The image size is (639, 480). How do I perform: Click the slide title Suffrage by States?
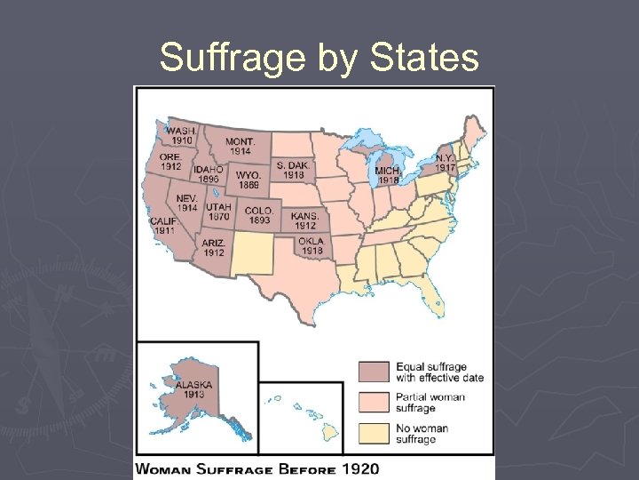pyautogui.click(x=319, y=59)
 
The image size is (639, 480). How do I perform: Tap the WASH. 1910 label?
pyautogui.click(x=182, y=134)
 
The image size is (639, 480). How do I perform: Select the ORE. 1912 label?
pyautogui.click(x=170, y=161)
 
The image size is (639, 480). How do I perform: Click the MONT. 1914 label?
pyautogui.click(x=240, y=146)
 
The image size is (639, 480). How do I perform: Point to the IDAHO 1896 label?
pyautogui.click(x=208, y=173)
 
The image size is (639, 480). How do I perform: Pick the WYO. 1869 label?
pyautogui.click(x=248, y=180)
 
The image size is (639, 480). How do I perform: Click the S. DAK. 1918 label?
pyautogui.click(x=293, y=170)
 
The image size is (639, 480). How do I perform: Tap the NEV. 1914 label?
pyautogui.click(x=186, y=203)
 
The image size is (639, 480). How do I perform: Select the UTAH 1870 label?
pyautogui.click(x=217, y=211)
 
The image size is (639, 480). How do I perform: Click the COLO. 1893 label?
pyautogui.click(x=258, y=216)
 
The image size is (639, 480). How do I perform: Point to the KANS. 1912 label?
pyautogui.click(x=304, y=220)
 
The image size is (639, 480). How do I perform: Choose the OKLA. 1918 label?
pyautogui.click(x=312, y=246)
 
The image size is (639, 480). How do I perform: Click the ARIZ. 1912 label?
pyautogui.click(x=213, y=247)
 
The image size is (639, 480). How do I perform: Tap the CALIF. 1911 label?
pyautogui.click(x=163, y=226)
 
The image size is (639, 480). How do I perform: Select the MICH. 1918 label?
pyautogui.click(x=387, y=175)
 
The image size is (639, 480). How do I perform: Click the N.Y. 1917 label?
pyautogui.click(x=445, y=163)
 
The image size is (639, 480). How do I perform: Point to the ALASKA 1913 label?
pyautogui.click(x=193, y=388)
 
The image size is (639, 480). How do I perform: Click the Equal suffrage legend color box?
pyautogui.click(x=373, y=372)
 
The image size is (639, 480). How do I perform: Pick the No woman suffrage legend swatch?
pyautogui.click(x=373, y=433)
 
